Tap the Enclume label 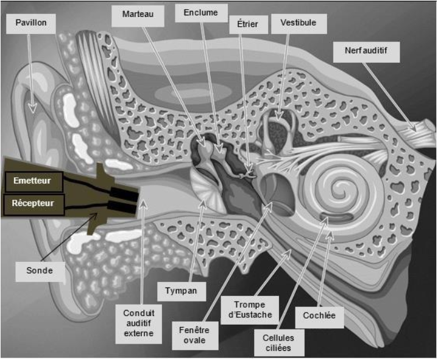click(x=200, y=12)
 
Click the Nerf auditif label click(x=366, y=52)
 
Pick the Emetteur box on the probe click(x=34, y=180)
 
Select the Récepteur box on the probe click(x=34, y=202)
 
